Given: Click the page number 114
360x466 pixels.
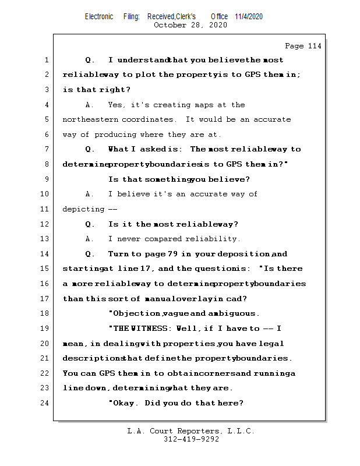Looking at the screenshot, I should pyautogui.click(x=312, y=46).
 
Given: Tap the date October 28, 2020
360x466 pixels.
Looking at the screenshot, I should pyautogui.click(x=190, y=25).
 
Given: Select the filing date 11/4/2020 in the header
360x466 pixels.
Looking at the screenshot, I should pyautogui.click(x=249, y=16).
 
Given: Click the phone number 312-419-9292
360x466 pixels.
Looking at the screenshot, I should pyautogui.click(x=191, y=439).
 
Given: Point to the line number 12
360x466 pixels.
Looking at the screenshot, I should pyautogui.click(x=45, y=224).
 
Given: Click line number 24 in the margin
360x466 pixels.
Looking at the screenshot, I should pyautogui.click(x=45, y=403).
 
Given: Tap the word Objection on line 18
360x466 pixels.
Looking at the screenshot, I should pyautogui.click(x=135, y=313).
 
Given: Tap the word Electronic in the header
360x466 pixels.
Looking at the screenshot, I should pyautogui.click(x=99, y=16).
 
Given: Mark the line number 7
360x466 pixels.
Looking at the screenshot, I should pyautogui.click(x=46, y=149).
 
